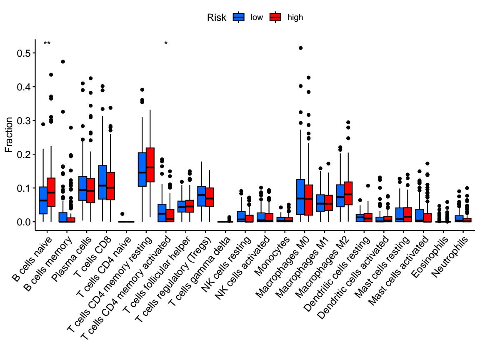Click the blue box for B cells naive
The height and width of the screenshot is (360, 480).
[x=42, y=200]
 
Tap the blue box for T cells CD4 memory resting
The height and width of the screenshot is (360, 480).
[x=142, y=169]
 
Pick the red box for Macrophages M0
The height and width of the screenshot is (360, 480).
[x=309, y=200]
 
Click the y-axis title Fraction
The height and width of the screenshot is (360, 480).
[x=9, y=135]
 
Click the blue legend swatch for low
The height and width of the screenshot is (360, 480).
[x=238, y=17]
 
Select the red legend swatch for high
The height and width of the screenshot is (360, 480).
[x=275, y=17]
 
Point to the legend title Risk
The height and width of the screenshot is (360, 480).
[x=217, y=17]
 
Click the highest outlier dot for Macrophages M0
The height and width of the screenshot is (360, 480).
[x=301, y=48]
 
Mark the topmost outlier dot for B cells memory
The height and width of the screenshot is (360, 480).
[x=62, y=62]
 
